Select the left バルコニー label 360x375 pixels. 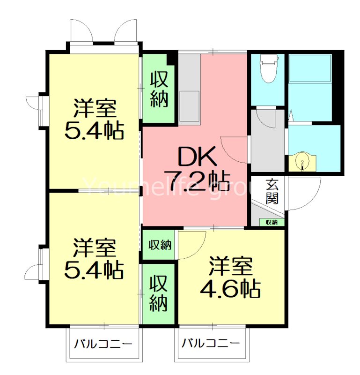pyautogui.click(x=103, y=344)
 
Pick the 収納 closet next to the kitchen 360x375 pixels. pyautogui.click(x=159, y=89)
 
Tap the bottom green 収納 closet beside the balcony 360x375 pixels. pyautogui.click(x=159, y=294)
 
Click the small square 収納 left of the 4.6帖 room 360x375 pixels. pyautogui.click(x=160, y=244)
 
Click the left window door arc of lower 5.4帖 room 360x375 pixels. pyautogui.click(x=34, y=272)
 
